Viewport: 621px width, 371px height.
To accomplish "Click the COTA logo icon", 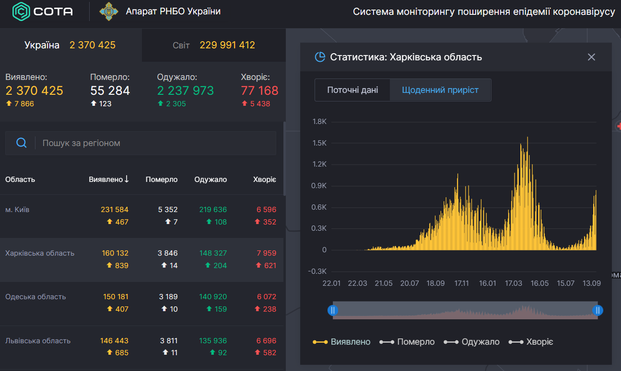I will [21, 11].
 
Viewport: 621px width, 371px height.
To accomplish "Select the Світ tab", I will [213, 45].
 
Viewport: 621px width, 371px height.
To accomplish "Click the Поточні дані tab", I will [352, 90].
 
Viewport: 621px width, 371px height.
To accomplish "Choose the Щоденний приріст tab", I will [440, 90].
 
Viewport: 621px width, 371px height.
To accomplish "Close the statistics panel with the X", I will [591, 57].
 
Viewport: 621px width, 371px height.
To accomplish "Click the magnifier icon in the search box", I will [21, 143].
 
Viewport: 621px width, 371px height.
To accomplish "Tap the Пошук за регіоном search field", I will [153, 143].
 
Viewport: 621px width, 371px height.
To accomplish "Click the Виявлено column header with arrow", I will [109, 180].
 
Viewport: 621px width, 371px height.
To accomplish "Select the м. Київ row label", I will [17, 210].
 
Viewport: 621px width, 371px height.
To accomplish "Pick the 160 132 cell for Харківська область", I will [115, 253].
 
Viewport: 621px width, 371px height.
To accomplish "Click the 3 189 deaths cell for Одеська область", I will [168, 297].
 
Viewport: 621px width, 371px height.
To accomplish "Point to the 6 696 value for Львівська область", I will [266, 341].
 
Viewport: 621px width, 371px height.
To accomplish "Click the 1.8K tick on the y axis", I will [319, 122].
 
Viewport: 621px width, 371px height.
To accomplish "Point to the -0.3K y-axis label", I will [317, 271].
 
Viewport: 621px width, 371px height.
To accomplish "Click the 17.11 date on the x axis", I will [461, 283].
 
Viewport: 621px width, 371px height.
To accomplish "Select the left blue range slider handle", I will [333, 310].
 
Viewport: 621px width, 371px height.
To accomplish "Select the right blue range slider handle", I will [598, 310].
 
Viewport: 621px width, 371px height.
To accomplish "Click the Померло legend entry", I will [407, 342].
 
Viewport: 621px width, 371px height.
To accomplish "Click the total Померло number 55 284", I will [110, 90].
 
